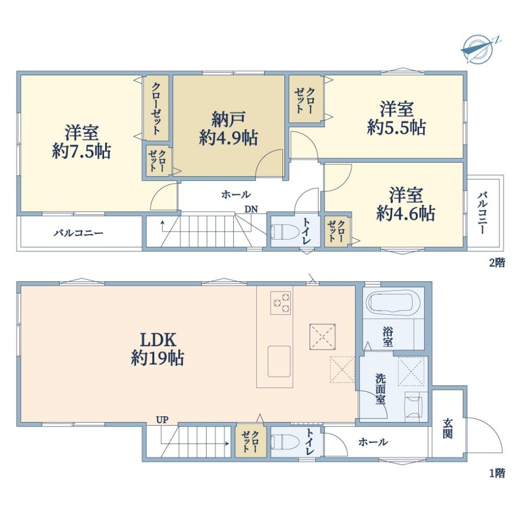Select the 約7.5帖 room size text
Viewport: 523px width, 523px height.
[82, 152]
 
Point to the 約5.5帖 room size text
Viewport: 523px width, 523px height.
[397, 127]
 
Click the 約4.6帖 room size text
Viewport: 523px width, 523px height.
[406, 213]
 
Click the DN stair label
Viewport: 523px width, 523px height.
[251, 209]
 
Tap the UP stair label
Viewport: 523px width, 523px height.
[162, 419]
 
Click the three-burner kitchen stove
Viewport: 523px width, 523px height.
[281, 303]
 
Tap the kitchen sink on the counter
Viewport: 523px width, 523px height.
[279, 362]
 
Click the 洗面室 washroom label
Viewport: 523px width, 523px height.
[381, 389]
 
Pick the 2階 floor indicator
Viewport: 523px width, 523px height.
[497, 263]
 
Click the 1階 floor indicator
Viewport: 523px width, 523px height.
[497, 473]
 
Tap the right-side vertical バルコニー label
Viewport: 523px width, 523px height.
[482, 212]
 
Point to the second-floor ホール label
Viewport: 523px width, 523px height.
[236, 194]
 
